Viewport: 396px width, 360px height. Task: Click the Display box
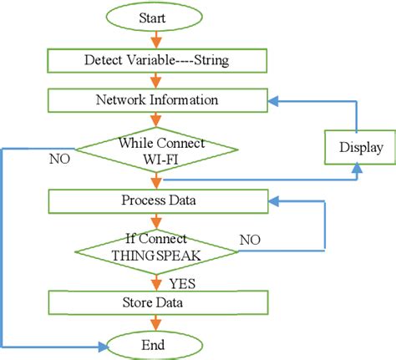(x=360, y=148)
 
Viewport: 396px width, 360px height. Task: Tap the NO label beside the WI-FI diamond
(x=59, y=155)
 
